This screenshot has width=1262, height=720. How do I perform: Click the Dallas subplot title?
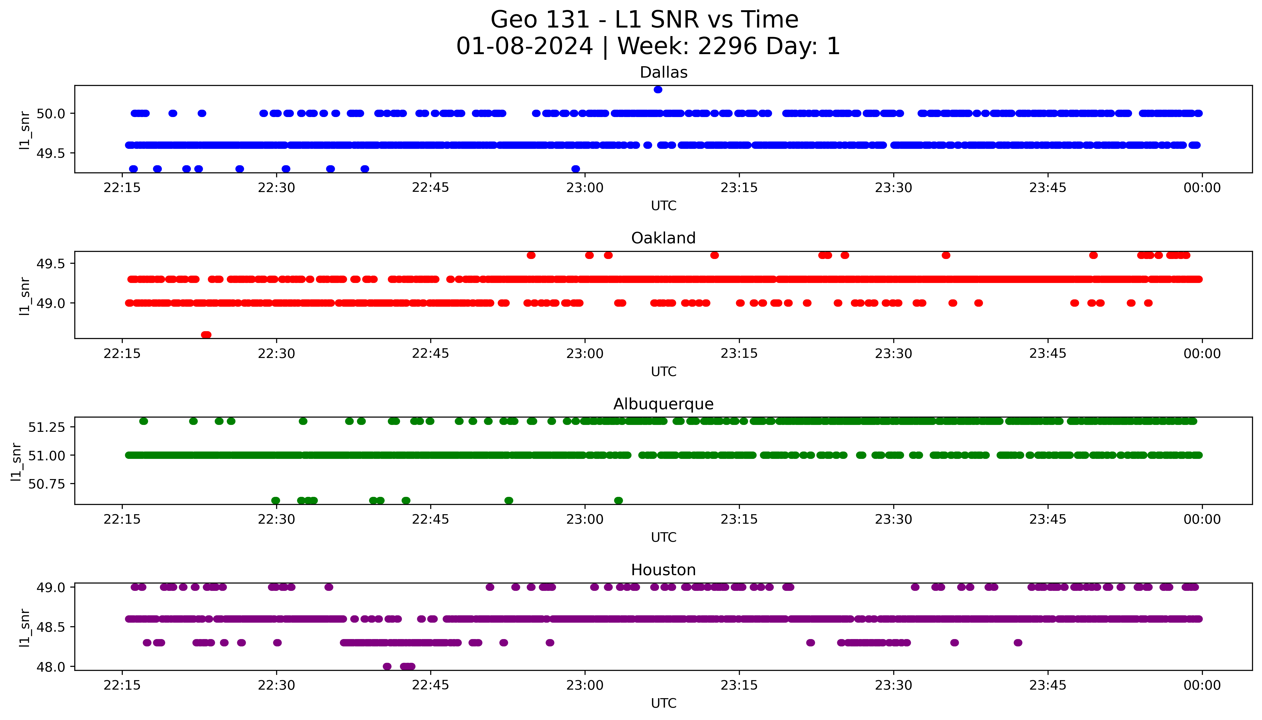tap(663, 72)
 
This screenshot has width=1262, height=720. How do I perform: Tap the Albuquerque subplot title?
tap(663, 404)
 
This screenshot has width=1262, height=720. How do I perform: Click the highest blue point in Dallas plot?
tap(658, 89)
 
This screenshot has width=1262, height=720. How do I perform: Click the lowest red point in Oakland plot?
tap(206, 335)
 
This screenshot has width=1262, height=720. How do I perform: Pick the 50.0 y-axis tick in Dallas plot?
tap(51, 114)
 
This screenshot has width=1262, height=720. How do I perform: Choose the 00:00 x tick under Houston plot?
tap(1202, 685)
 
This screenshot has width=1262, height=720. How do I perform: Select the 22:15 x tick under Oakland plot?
tap(122, 353)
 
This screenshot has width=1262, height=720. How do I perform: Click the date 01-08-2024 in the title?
tap(524, 47)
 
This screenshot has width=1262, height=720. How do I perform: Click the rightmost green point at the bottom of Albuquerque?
tap(618, 500)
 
